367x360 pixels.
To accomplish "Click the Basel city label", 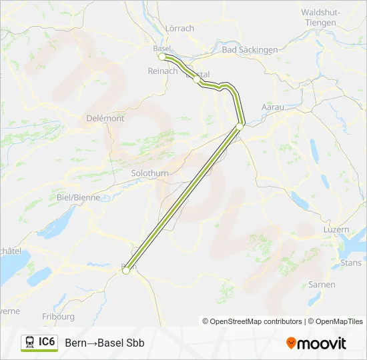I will [162, 48].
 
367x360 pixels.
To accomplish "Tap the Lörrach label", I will [179, 28].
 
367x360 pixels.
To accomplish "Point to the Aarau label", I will [273, 107].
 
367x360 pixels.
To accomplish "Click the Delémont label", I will [105, 118].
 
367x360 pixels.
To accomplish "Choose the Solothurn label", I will [150, 173].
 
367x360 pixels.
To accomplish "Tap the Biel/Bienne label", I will [79, 197].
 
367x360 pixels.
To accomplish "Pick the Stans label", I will [351, 263].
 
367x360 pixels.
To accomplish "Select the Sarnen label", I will [322, 284].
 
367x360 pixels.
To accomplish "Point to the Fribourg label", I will [58, 316].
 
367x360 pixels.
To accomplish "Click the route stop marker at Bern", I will [125, 270].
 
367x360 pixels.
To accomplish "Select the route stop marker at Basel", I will [161, 57].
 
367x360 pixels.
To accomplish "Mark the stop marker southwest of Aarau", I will [240, 126].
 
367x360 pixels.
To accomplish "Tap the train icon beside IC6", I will [30, 343].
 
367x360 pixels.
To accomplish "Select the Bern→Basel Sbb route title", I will [105, 343].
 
